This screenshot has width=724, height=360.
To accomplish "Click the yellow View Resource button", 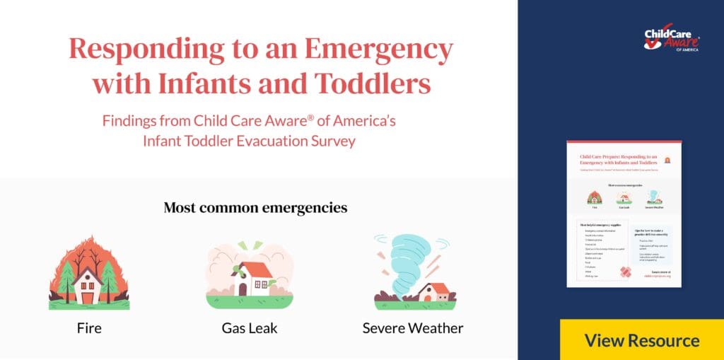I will [x=641, y=340].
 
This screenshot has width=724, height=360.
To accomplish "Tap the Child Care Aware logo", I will [x=671, y=40].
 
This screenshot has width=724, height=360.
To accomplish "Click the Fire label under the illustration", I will [x=89, y=328].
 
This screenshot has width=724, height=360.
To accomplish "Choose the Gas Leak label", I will [x=250, y=328].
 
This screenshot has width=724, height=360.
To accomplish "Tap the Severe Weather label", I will [x=413, y=328].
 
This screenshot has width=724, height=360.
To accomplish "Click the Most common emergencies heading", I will [x=255, y=208].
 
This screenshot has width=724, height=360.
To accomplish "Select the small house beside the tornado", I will [x=433, y=292].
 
